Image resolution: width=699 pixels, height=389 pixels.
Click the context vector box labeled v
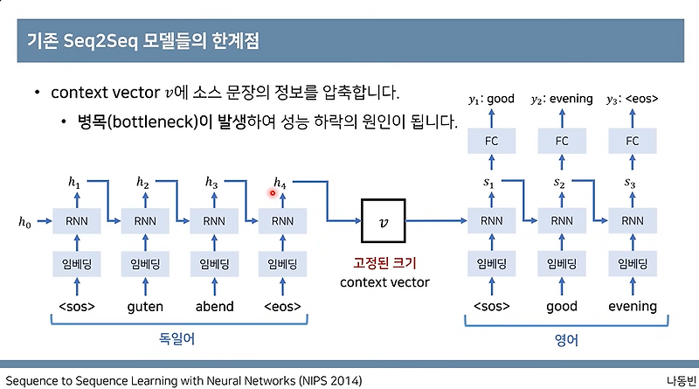[x=384, y=222]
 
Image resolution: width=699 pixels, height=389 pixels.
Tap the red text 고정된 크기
[x=384, y=263]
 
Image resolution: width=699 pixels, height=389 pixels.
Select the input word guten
[x=144, y=306]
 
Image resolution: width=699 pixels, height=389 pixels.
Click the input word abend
[x=213, y=306]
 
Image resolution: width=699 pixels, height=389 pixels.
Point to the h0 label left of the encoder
[x=25, y=223]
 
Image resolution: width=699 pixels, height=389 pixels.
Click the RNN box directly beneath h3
[x=213, y=222]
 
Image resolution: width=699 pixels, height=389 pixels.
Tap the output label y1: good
[x=491, y=99]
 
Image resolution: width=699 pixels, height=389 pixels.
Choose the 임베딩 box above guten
[x=144, y=265]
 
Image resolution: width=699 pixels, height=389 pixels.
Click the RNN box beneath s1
[x=491, y=222]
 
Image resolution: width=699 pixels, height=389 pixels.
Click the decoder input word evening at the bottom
[x=632, y=306]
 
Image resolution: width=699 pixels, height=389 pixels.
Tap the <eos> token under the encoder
[x=282, y=306]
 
